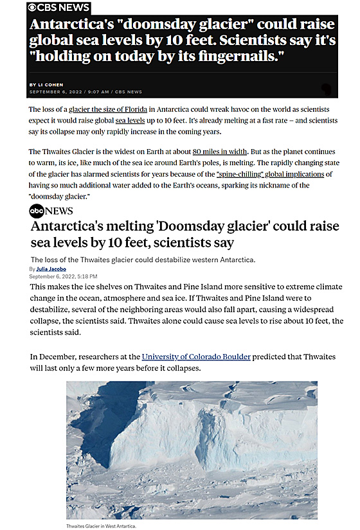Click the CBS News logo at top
point(58,7)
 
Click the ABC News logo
point(51,211)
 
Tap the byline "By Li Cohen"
point(47,85)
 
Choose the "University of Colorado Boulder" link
point(196,357)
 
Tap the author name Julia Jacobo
point(53,269)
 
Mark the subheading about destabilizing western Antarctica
point(145,260)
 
